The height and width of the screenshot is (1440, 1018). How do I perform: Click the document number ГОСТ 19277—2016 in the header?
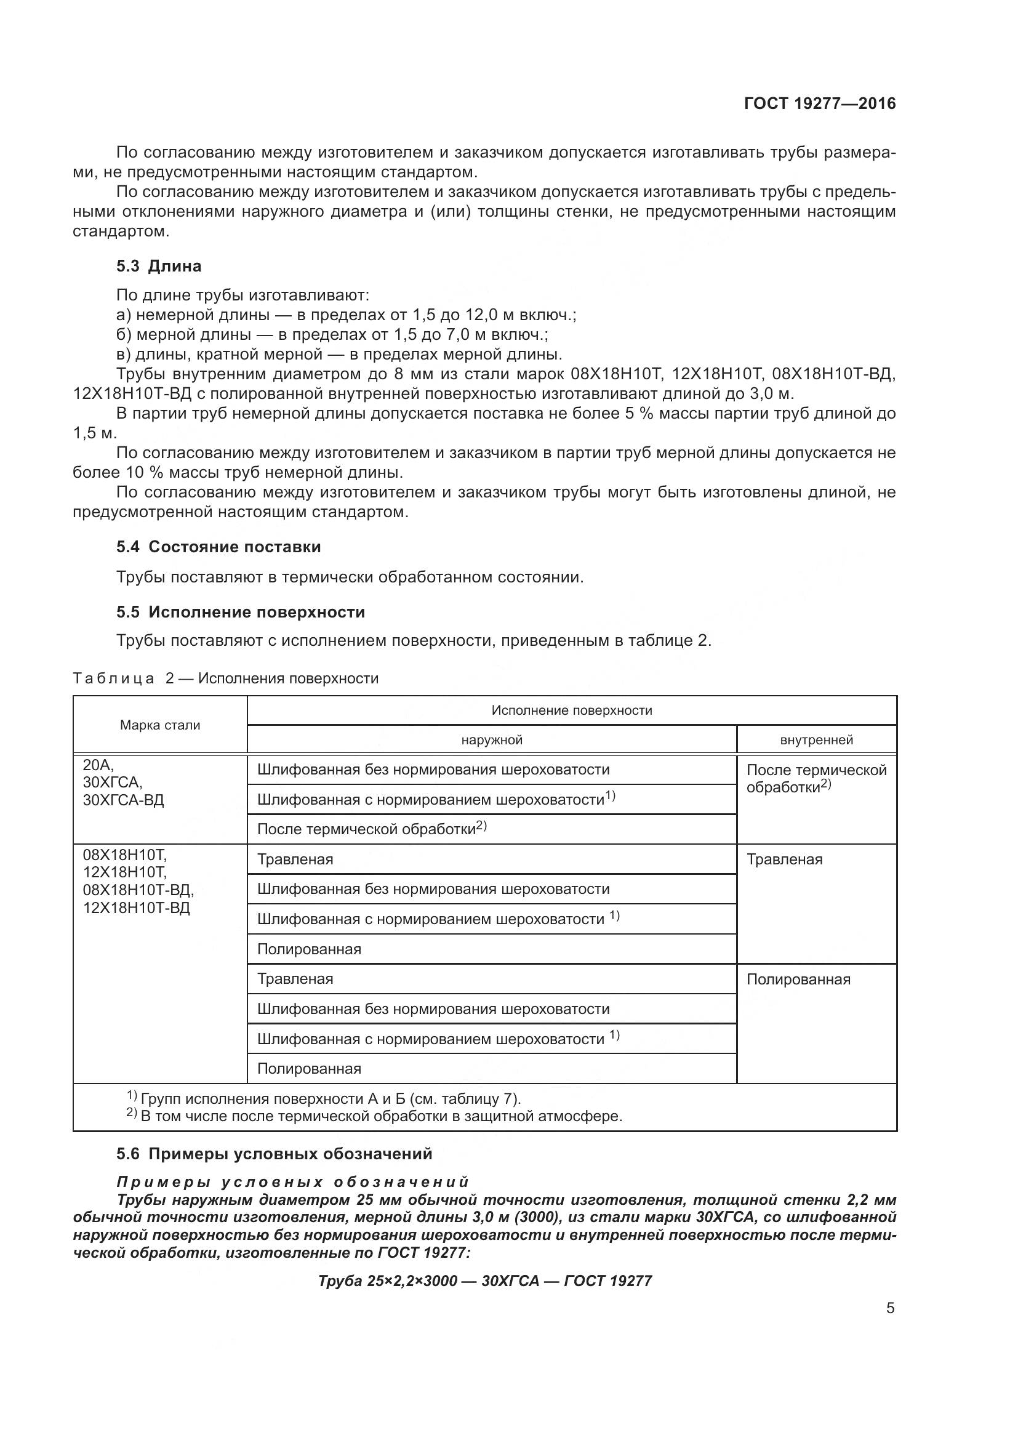click(819, 103)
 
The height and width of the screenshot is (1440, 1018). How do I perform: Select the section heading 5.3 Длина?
click(159, 266)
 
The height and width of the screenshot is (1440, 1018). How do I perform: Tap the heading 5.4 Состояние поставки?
click(218, 547)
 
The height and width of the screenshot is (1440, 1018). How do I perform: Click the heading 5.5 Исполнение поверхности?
click(240, 612)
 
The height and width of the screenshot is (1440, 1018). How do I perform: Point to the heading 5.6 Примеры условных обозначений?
click(274, 1153)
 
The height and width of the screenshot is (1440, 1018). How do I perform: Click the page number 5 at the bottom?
click(890, 1308)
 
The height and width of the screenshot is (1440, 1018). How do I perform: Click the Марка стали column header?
click(160, 725)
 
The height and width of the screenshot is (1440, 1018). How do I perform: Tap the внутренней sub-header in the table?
click(816, 740)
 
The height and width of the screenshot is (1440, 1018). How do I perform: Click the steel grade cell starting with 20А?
click(123, 782)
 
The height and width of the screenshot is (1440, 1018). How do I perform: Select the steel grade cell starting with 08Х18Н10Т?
click(138, 881)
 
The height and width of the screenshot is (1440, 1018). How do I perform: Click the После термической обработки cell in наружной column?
click(372, 829)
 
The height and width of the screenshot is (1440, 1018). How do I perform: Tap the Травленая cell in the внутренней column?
click(784, 860)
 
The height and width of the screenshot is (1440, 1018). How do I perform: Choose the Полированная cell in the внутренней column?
click(798, 979)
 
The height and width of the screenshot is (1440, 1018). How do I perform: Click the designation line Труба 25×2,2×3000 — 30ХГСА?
click(484, 1281)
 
